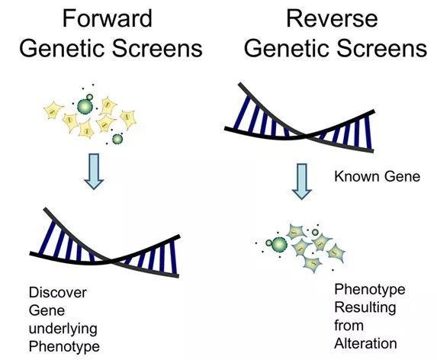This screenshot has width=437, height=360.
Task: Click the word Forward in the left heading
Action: pos(108,18)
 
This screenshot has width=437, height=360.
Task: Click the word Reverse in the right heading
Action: pos(332,18)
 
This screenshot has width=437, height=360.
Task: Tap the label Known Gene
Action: pos(377,176)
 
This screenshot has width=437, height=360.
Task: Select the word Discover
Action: pos(58,293)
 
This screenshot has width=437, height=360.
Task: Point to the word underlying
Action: pos(63,329)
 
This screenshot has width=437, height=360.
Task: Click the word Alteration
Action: pos(365,343)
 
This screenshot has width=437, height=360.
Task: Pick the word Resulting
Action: pos(365,308)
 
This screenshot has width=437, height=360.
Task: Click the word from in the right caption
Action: pos(349,326)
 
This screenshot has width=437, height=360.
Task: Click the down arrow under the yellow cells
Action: pos(94,172)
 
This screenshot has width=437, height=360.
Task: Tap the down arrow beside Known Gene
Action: pos(301,182)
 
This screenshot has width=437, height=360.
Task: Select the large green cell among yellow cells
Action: pos(85,107)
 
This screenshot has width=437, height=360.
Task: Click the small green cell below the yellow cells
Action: pos(117,139)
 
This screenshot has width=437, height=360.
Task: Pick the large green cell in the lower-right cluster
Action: pos(279,245)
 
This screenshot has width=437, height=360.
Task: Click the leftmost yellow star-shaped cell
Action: pos(53,111)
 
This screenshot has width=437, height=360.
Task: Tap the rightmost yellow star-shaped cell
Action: pos(128,118)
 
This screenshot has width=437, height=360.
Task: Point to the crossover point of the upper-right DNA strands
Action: pos(305,136)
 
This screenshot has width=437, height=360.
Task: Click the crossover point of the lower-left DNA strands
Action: pos(110,261)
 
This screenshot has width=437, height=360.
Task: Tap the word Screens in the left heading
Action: pos(157,49)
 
